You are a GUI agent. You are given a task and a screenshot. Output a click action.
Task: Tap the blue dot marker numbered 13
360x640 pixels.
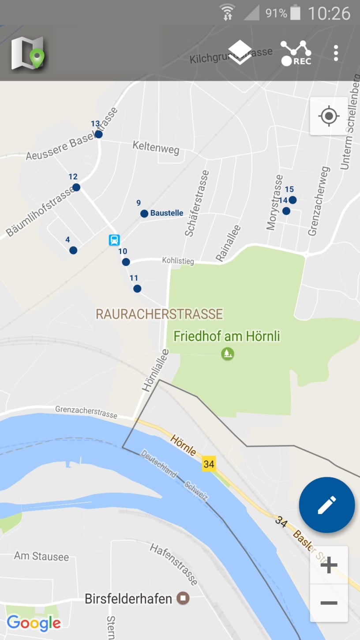[x=99, y=134]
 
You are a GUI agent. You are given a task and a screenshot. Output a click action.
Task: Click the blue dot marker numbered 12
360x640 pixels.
[x=76, y=187]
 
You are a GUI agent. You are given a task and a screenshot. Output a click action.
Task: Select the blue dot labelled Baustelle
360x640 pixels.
[x=144, y=213]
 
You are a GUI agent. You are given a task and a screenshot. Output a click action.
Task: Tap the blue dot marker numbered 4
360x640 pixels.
[x=73, y=251]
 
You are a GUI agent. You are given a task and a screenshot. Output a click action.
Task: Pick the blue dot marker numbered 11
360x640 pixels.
[x=137, y=289]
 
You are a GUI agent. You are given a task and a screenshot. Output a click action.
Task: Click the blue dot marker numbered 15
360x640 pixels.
[x=292, y=200]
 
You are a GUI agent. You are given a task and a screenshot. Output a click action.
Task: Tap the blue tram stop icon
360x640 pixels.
[x=114, y=240]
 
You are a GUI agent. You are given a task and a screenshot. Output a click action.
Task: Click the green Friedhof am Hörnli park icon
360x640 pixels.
[x=228, y=353]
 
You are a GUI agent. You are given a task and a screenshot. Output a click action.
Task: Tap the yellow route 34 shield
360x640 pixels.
[x=209, y=464]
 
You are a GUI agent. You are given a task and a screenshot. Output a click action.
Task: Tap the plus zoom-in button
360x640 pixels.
[x=329, y=565]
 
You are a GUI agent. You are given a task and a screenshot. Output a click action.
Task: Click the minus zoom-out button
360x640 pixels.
[x=329, y=603]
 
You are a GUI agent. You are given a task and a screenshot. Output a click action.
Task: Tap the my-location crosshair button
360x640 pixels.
[x=329, y=116]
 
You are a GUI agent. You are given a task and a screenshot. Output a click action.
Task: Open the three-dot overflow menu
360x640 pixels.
[x=336, y=53]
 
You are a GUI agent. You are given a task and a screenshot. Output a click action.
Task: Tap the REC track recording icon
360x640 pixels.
[x=296, y=53]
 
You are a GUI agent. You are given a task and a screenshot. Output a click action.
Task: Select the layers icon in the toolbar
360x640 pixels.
[x=240, y=53]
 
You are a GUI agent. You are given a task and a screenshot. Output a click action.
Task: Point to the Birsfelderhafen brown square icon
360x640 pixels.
[x=183, y=599]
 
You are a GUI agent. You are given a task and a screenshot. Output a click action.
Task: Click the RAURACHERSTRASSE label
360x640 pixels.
[x=159, y=314]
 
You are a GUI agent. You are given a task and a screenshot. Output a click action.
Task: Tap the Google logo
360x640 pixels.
[x=34, y=623]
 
